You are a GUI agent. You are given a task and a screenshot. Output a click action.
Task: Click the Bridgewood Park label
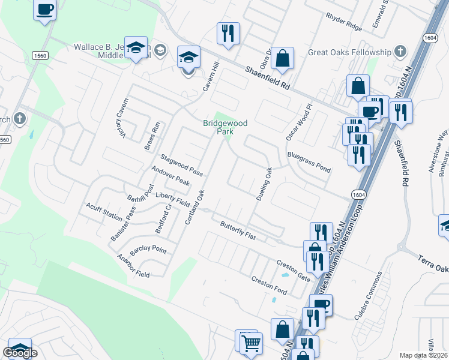(225, 127)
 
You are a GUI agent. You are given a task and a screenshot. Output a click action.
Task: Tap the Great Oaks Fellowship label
(349, 52)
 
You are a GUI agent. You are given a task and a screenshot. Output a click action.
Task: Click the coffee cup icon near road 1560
(45, 10)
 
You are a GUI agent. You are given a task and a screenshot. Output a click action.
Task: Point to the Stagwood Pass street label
(181, 164)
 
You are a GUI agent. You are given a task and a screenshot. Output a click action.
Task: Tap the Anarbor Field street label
(133, 266)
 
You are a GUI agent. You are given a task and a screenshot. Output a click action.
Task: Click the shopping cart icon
(251, 343)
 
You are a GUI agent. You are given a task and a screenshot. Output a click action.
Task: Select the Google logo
(20, 353)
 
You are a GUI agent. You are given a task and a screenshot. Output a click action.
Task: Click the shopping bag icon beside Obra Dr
(282, 58)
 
